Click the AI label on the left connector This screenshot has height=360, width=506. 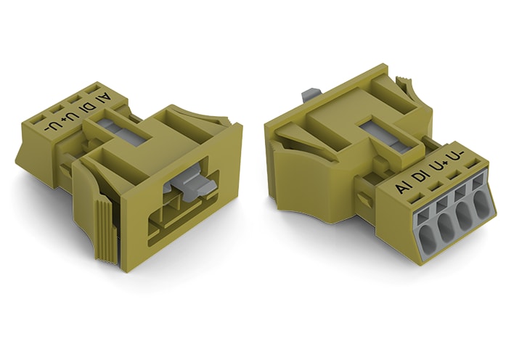[107, 100]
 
